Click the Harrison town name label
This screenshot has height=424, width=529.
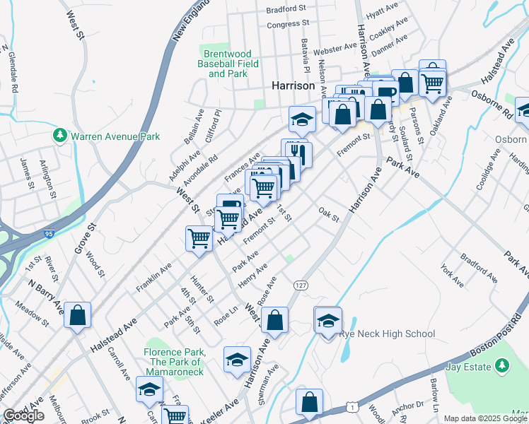click(x=293, y=85)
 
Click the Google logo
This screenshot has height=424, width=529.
click(x=24, y=416)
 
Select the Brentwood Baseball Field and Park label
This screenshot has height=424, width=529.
click(x=228, y=64)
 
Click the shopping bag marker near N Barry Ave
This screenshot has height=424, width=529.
click(x=77, y=316)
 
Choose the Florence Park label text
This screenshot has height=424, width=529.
click(x=174, y=352)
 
